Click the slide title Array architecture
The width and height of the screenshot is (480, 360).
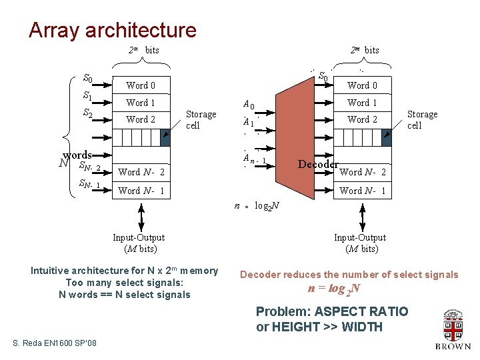point(112,30)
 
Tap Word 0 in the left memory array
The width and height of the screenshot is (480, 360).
point(141,85)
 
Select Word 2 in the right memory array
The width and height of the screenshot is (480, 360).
point(362,120)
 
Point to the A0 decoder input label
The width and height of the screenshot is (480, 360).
point(248,105)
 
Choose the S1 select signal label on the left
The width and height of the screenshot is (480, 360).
point(87,96)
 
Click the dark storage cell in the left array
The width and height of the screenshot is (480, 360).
point(165,137)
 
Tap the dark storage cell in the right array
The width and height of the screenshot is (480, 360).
point(387,137)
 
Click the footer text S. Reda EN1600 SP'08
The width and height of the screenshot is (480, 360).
point(55,343)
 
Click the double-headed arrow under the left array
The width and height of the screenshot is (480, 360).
point(141,217)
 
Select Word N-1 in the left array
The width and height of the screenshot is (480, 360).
point(141,191)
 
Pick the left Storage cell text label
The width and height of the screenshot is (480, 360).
point(201,119)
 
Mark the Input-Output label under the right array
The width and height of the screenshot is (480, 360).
point(359,238)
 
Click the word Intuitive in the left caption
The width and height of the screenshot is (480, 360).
point(53,271)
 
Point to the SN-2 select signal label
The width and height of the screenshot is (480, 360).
point(89,167)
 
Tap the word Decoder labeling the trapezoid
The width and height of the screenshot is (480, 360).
point(319,165)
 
